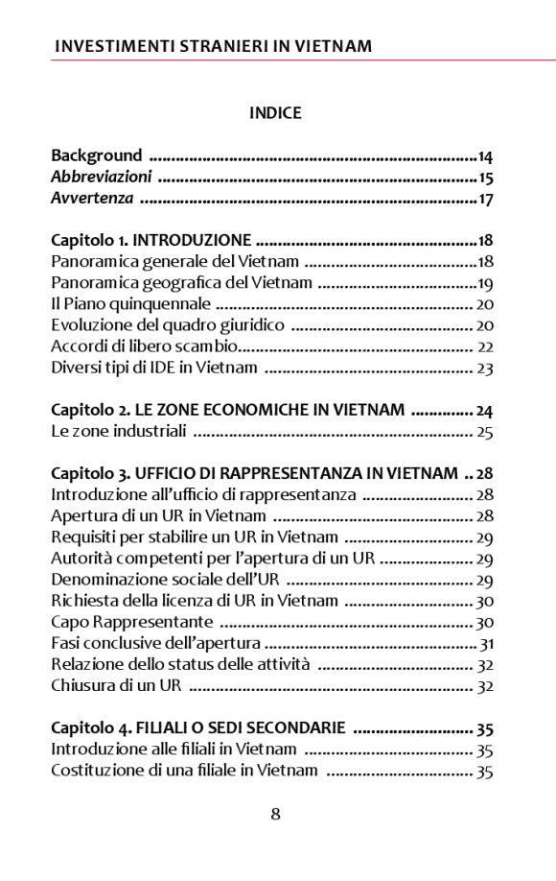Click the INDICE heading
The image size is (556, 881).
tap(275, 113)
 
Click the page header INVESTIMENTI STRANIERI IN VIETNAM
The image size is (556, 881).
tap(213, 46)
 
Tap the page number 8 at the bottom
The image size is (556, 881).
tap(276, 815)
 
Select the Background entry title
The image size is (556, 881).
tap(96, 155)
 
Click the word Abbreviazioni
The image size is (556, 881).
tap(101, 178)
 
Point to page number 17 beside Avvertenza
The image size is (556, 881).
tap(485, 200)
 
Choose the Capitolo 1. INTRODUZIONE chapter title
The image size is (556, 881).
tap(151, 241)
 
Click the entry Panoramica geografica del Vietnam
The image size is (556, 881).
tap(181, 283)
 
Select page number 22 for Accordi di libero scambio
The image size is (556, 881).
tap(485, 346)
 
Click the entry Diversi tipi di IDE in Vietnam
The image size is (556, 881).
tap(153, 368)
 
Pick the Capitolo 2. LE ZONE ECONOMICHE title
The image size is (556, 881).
tap(227, 410)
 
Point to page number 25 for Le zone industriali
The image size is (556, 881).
tap(485, 432)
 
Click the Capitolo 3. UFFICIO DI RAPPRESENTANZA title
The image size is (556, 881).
tap(254, 474)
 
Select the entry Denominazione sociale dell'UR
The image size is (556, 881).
tap(164, 580)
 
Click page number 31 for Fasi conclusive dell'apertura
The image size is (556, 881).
tap(486, 644)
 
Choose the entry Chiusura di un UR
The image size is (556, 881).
tap(116, 686)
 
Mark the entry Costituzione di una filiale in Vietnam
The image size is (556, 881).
tap(184, 771)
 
